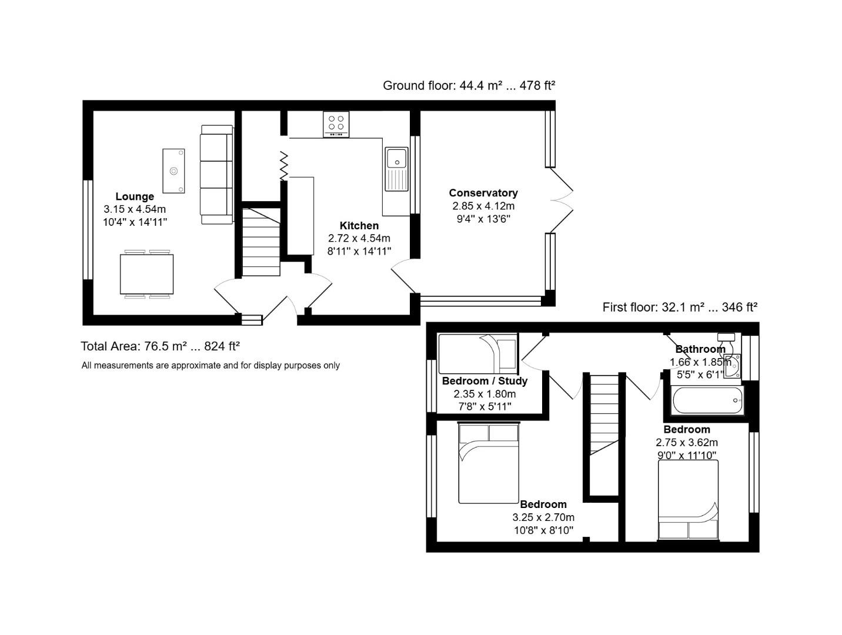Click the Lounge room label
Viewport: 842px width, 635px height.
click(135, 196)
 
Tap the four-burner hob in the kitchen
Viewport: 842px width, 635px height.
click(336, 124)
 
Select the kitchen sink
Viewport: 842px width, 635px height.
click(396, 169)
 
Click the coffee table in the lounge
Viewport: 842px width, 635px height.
click(173, 171)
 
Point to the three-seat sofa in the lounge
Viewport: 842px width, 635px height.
click(216, 174)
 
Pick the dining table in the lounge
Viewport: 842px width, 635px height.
click(146, 274)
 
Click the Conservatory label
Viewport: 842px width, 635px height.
click(483, 193)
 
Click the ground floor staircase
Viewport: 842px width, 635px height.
click(261, 242)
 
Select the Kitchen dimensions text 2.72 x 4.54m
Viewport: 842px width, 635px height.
click(359, 238)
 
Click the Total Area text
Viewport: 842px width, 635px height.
click(160, 346)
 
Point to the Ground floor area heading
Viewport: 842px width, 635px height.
click(469, 85)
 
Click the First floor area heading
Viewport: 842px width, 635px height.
click(679, 307)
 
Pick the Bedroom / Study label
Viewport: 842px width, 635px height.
click(485, 380)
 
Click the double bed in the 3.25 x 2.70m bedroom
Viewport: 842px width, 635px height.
click(488, 464)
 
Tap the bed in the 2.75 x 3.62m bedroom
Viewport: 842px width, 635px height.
click(688, 500)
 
